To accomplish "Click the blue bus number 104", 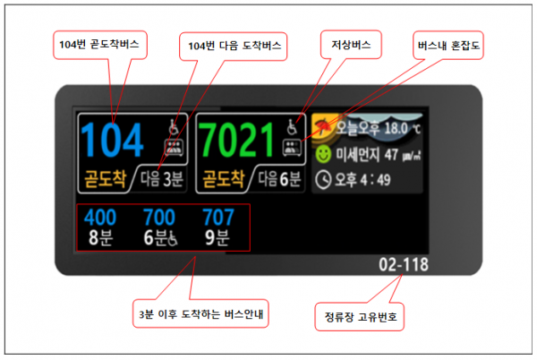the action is (112, 140).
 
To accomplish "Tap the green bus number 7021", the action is (236, 140).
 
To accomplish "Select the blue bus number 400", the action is (100, 218).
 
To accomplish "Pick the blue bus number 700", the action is (159, 218).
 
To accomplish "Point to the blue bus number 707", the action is (218, 218).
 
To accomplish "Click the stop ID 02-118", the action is (404, 265).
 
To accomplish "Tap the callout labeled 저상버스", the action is (351, 45).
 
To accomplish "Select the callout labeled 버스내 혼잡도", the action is (448, 45).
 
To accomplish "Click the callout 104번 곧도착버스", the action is (99, 45).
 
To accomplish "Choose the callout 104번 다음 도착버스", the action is (234, 47).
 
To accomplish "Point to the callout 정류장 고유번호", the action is (360, 316).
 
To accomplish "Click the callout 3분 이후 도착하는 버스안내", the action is (200, 313).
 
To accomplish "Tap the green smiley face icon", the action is (323, 154).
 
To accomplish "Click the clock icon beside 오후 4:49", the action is (323, 180).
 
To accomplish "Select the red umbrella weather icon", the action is (323, 127).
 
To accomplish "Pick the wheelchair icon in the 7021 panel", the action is (292, 127).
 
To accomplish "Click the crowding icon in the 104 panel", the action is (175, 148).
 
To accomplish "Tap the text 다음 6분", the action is (279, 179).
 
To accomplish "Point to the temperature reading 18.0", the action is (396, 128).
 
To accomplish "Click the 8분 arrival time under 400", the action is (100, 237).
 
